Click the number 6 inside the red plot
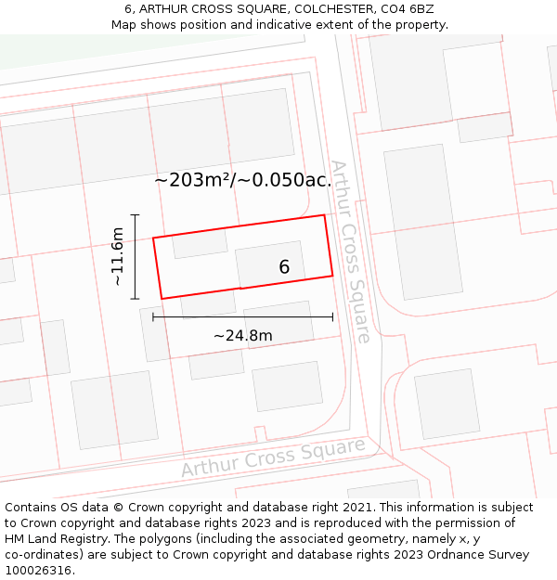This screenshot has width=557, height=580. pyautogui.click(x=284, y=267)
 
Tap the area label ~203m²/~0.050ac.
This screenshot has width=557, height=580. pyautogui.click(x=242, y=180)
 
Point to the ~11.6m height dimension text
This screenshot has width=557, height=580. pyautogui.click(x=117, y=256)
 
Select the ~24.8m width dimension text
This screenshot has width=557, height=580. pyautogui.click(x=243, y=335)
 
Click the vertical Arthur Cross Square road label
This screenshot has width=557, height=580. pyautogui.click(x=351, y=251)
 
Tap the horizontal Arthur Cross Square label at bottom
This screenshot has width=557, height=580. pyautogui.click(x=273, y=458)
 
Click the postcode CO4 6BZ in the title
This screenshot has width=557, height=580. pyautogui.click(x=407, y=8)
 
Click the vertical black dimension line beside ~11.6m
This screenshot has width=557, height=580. pyautogui.click(x=136, y=257)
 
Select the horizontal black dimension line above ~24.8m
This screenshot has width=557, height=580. pyautogui.click(x=242, y=317)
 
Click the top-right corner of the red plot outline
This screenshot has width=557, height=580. pyautogui.click(x=324, y=215)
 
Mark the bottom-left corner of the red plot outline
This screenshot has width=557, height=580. pyautogui.click(x=162, y=298)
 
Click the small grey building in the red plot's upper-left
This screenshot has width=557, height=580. pyautogui.click(x=200, y=243)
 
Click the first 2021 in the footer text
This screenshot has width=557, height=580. pyautogui.click(x=356, y=508)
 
